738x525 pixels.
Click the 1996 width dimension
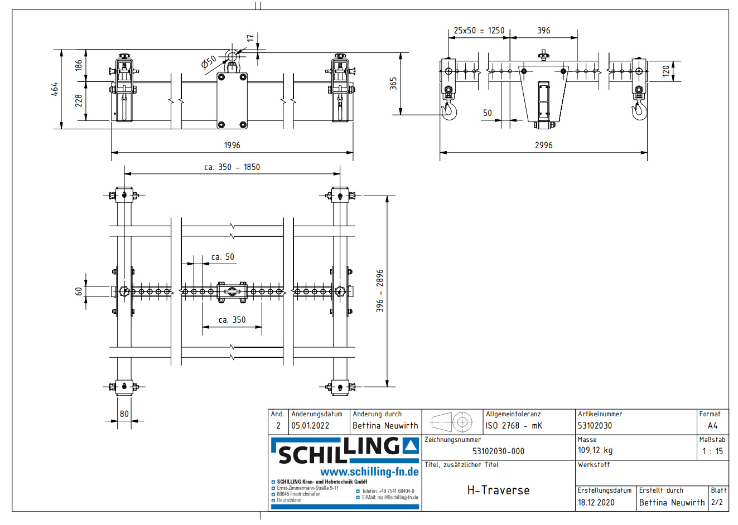[232, 145]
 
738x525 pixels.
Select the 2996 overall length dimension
[543, 145]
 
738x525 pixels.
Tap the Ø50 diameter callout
[209, 62]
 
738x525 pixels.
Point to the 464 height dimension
[55, 89]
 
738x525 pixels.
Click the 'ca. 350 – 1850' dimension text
[231, 167]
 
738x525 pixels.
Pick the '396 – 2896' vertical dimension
[380, 290]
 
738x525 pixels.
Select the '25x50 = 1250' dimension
[479, 31]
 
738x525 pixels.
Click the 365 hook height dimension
[393, 84]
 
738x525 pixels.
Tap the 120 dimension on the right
[665, 71]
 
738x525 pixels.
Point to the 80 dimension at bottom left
[124, 414]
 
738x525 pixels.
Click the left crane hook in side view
[449, 110]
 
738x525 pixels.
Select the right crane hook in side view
[638, 110]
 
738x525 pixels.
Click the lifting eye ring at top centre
[231, 57]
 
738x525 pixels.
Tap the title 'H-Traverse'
[498, 490]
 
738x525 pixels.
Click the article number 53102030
[595, 425]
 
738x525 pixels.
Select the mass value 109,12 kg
[595, 450]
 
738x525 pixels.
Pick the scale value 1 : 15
[712, 451]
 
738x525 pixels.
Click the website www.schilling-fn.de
[369, 471]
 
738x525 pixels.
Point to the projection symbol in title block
[452, 422]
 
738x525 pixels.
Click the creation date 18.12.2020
[596, 502]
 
